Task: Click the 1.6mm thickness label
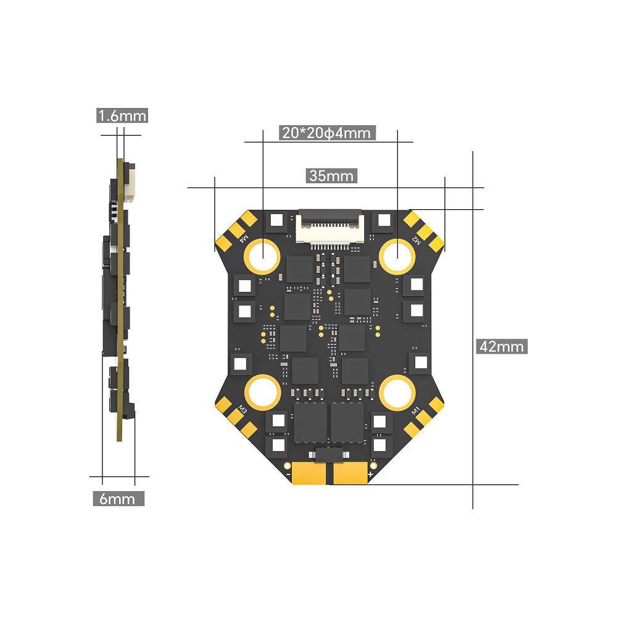[122, 115]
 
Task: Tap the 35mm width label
[332, 176]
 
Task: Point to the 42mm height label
[502, 346]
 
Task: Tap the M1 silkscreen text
[416, 410]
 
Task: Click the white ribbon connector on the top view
[329, 226]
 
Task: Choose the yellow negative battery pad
[310, 474]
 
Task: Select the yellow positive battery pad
[350, 474]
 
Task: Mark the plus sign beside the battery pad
[370, 474]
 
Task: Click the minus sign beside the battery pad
[288, 474]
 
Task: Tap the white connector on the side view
[130, 183]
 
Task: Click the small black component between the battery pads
[329, 456]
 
